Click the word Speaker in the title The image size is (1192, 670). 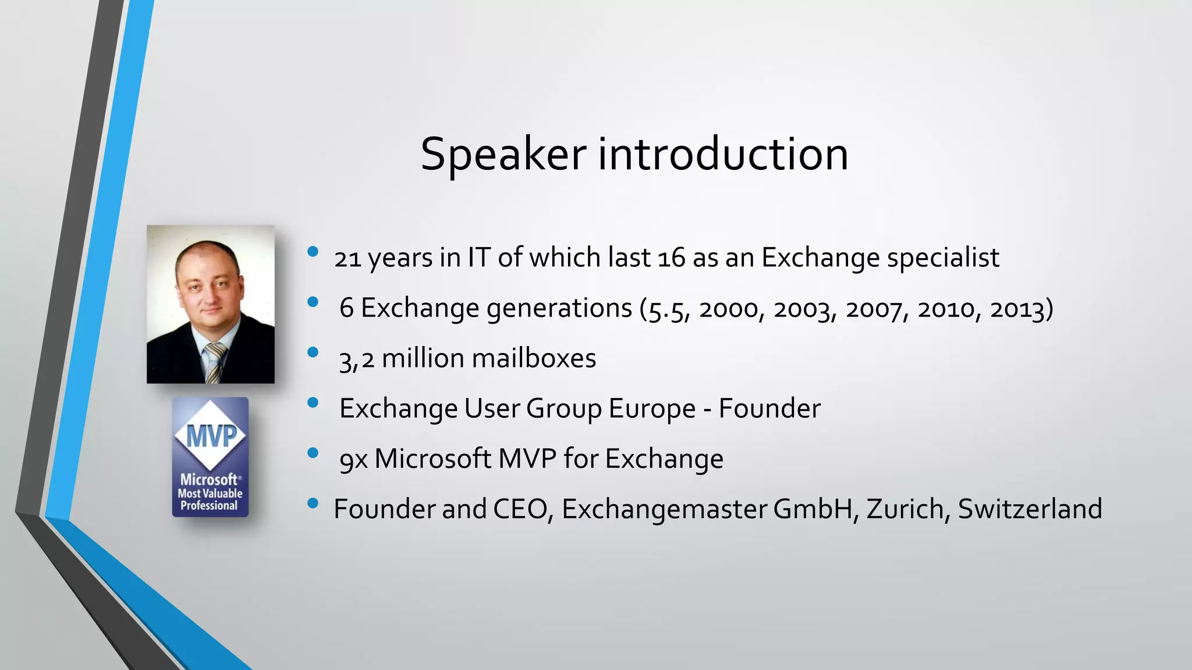tap(503, 155)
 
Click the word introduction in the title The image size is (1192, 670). tap(723, 155)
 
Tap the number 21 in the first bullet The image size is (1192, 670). tap(347, 258)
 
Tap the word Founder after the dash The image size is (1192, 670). tap(769, 408)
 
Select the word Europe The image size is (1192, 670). tap(651, 408)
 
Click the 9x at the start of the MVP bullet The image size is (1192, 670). tap(353, 459)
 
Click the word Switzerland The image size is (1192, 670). tap(1030, 509)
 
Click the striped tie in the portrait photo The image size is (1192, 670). tap(214, 362)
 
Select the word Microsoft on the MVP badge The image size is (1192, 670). tap(208, 480)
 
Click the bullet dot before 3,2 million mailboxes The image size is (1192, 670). tap(313, 352)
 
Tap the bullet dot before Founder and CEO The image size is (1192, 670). tap(313, 503)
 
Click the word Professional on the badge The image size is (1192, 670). tap(209, 505)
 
